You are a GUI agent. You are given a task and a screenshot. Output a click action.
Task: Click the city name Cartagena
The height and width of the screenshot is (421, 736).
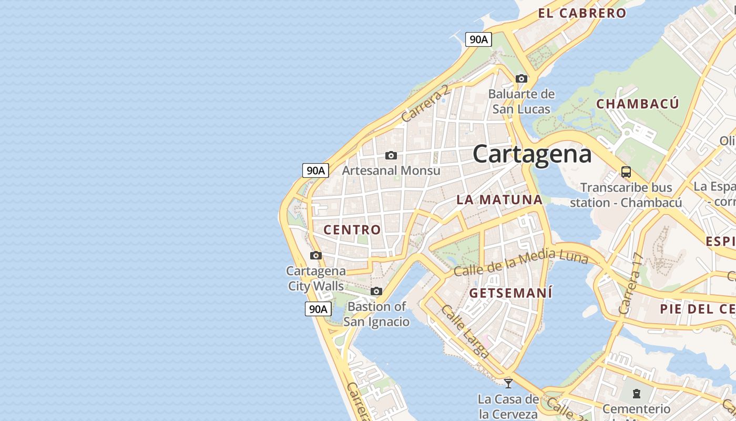click(532, 154)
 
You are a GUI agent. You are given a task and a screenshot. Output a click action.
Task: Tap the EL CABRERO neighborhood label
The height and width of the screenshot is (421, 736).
click(582, 13)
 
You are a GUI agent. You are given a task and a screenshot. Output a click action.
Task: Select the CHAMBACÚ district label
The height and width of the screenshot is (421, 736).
click(637, 104)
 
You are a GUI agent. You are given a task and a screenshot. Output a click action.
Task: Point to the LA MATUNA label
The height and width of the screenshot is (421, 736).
click(499, 199)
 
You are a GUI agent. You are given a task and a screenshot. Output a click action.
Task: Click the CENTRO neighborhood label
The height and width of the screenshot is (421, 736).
click(352, 229)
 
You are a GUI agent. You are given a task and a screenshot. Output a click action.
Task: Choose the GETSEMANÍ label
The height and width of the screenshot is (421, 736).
click(511, 293)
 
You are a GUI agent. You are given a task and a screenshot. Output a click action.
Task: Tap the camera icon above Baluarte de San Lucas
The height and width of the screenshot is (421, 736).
click(522, 79)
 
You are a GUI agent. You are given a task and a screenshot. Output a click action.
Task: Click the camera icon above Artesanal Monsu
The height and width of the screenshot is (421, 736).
click(391, 155)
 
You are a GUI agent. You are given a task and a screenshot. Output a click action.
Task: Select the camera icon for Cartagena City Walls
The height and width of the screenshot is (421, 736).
click(316, 256)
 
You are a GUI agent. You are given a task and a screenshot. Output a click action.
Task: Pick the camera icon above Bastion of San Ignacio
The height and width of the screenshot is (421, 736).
click(376, 292)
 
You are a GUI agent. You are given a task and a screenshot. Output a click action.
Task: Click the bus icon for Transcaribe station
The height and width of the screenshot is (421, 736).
click(626, 172)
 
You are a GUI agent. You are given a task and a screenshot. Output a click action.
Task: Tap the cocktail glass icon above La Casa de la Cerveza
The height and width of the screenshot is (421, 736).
click(508, 383)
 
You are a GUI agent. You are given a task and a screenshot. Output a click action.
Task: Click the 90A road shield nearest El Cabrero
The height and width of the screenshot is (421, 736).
click(478, 39)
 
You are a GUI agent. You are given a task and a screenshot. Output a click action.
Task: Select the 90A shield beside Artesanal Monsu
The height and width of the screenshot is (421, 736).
click(315, 170)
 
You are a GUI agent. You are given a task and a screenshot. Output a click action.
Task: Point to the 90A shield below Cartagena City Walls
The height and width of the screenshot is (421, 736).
click(318, 309)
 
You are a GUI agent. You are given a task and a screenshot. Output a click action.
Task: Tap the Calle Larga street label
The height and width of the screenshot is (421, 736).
click(465, 332)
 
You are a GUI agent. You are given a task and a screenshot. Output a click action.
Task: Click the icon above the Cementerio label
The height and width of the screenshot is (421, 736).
click(637, 394)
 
